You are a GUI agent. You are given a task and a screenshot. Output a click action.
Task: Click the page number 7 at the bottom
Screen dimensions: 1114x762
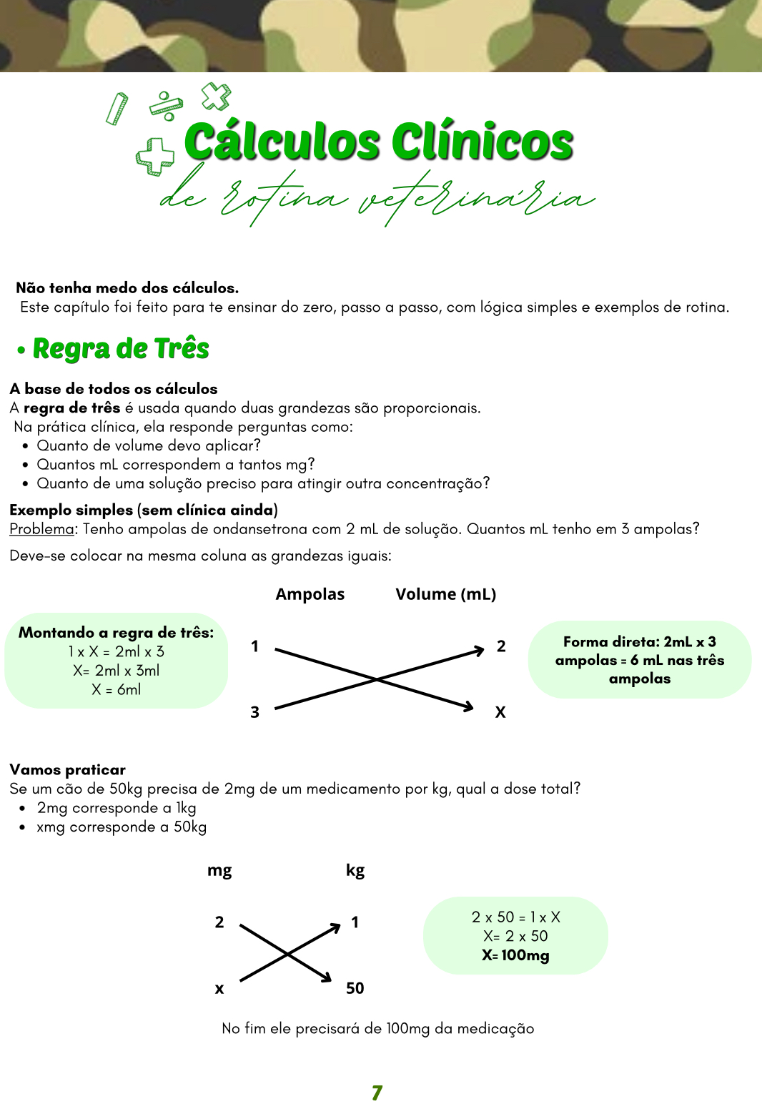(377, 1093)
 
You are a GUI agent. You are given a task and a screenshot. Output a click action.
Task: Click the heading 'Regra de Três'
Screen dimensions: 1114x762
(121, 349)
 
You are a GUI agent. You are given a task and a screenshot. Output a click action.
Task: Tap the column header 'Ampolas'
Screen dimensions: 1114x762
(310, 594)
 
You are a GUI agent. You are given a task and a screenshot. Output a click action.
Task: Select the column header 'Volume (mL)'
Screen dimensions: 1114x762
(445, 594)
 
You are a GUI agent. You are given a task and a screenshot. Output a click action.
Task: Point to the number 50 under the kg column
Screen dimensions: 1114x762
(355, 988)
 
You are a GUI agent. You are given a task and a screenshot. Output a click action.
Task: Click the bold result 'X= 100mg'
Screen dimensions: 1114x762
(515, 955)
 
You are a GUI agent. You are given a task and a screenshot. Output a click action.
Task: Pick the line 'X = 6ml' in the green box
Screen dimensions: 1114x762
(116, 689)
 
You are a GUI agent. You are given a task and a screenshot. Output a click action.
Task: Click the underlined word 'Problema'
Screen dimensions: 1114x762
(41, 529)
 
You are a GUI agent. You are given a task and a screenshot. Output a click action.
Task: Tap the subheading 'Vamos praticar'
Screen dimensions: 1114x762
(68, 769)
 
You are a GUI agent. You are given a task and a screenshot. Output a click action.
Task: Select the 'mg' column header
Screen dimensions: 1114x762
(219, 870)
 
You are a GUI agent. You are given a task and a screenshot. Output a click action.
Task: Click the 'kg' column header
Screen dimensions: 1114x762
(355, 870)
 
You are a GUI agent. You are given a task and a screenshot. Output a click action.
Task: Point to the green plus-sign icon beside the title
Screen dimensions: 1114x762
(155, 155)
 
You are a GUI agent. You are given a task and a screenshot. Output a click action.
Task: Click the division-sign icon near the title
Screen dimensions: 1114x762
(167, 105)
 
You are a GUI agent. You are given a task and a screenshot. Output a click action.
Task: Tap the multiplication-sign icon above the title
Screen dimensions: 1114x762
(216, 97)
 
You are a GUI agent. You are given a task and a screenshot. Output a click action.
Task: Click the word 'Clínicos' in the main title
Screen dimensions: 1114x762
(483, 142)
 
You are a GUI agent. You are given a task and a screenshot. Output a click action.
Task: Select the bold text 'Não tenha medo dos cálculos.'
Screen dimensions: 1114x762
(127, 288)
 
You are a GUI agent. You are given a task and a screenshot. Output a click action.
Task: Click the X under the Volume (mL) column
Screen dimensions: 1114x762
(500, 712)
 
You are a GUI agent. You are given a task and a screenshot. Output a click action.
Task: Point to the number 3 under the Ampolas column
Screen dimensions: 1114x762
(254, 712)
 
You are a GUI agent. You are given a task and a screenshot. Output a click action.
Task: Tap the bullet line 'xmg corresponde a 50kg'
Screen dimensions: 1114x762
(122, 827)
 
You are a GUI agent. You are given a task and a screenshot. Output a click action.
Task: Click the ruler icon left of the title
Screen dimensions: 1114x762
(117, 109)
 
